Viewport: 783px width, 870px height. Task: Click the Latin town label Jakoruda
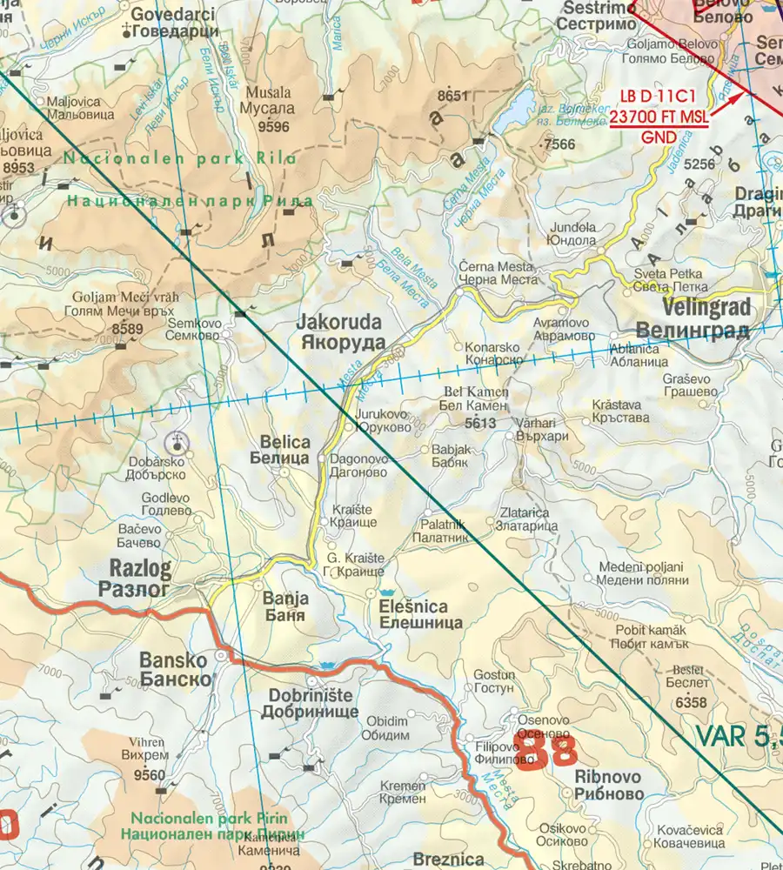[340, 321]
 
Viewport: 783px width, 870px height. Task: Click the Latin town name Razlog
[140, 569]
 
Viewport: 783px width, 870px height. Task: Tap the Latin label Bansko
[173, 659]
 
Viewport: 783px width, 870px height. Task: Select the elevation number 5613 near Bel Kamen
[480, 423]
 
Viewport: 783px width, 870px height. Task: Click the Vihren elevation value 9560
[150, 775]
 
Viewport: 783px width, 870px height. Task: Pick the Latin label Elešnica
[413, 606]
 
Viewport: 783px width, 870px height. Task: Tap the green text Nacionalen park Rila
[179, 158]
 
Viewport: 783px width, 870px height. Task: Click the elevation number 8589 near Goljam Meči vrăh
[127, 328]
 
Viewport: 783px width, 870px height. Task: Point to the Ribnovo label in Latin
[608, 776]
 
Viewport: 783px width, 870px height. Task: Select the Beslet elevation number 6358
[691, 702]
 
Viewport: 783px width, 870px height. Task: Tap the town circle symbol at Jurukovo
[349, 427]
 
